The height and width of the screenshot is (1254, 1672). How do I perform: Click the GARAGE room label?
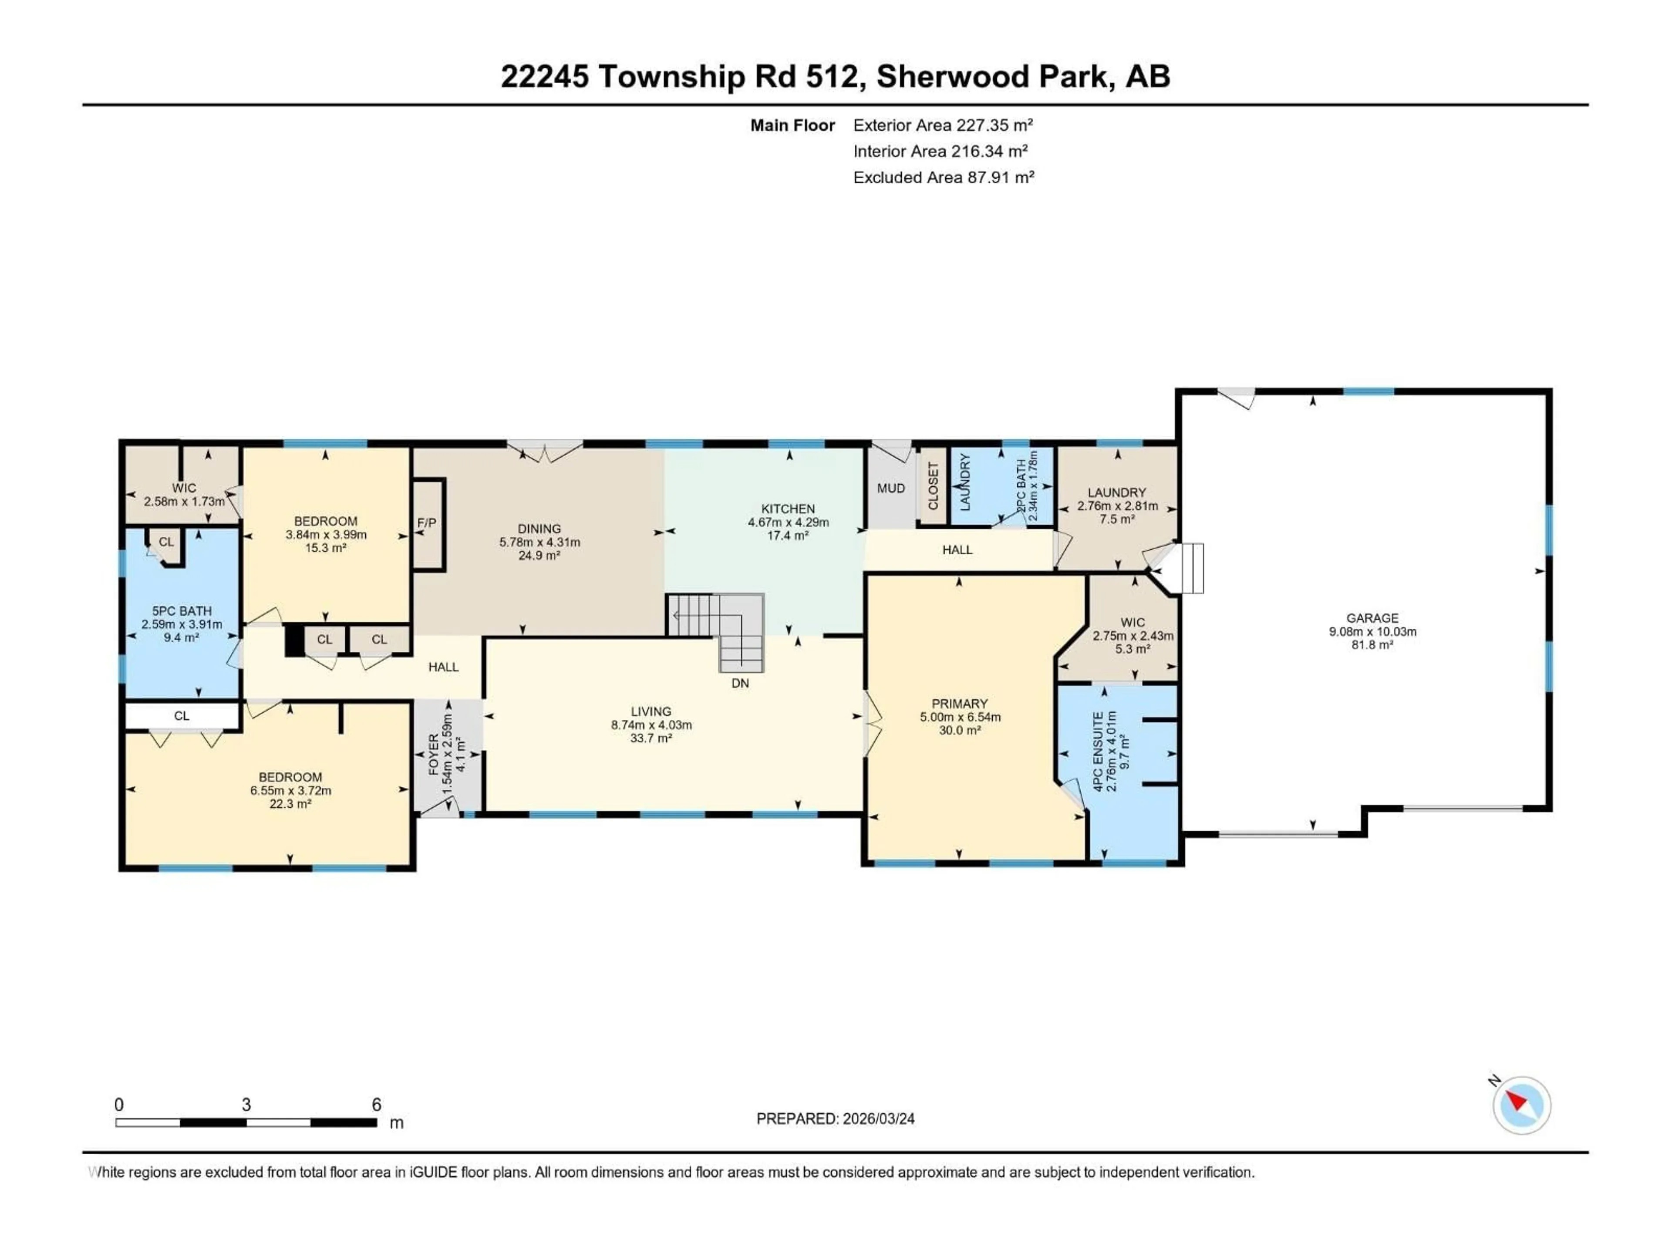click(x=1372, y=617)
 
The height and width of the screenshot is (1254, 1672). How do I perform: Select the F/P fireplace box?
click(x=427, y=523)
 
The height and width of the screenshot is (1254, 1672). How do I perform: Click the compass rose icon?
click(x=1521, y=1105)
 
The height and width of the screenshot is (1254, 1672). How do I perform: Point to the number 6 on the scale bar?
click(x=377, y=1104)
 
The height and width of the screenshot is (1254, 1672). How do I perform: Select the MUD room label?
click(x=890, y=488)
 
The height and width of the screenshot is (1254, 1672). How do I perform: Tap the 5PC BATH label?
click(x=182, y=611)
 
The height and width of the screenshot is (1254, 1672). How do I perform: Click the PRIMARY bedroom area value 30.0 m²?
click(x=960, y=730)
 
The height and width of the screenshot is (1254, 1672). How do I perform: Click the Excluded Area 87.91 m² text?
click(x=944, y=177)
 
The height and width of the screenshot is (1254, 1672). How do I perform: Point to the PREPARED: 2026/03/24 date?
click(x=835, y=1119)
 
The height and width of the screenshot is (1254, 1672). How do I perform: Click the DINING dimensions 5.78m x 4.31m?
click(x=539, y=542)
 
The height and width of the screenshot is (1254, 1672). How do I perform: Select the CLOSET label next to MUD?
click(x=933, y=486)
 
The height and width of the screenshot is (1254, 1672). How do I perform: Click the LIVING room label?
click(x=651, y=711)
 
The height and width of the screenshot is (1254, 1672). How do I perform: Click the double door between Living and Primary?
click(x=871, y=723)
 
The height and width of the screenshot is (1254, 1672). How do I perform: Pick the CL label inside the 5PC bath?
click(x=166, y=542)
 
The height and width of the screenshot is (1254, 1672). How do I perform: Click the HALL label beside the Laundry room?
click(x=957, y=549)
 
